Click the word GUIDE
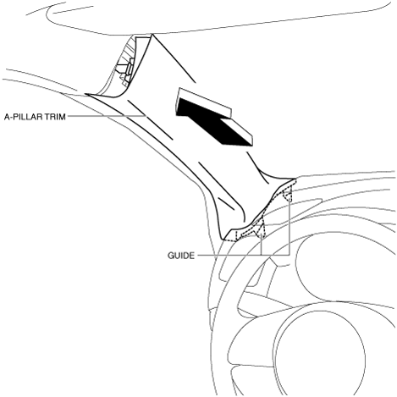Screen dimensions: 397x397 pyautogui.click(x=181, y=256)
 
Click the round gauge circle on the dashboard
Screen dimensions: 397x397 pyautogui.click(x=295, y=265)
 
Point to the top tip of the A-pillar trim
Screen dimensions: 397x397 pyautogui.click(x=152, y=34)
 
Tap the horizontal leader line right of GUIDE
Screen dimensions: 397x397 pyautogui.click(x=243, y=255)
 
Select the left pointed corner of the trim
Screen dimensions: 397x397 pyautogui.click(x=85, y=94)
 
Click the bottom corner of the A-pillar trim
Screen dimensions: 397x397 pyautogui.click(x=223, y=240)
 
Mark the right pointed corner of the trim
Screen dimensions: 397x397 pyautogui.click(x=295, y=179)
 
